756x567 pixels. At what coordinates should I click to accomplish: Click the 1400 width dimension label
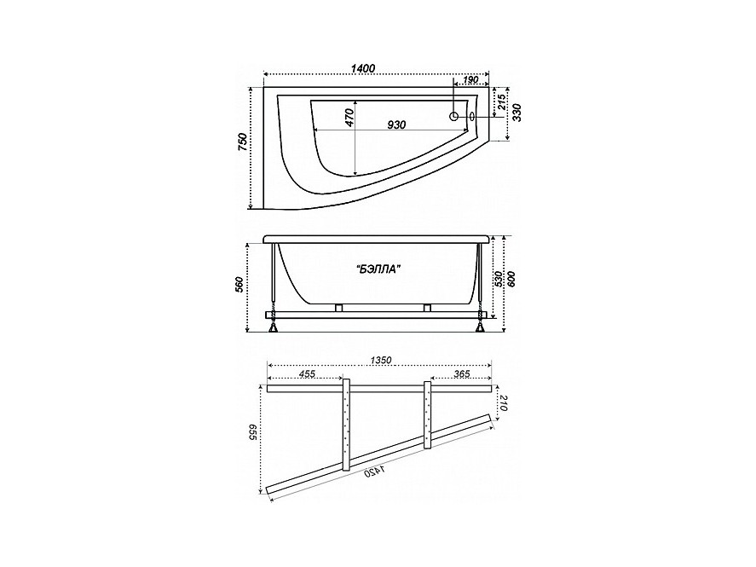point(363,68)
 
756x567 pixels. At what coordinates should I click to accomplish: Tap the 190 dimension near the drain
point(470,79)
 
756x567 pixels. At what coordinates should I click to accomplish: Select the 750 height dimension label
point(243,142)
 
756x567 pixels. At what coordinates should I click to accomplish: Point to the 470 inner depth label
point(349,117)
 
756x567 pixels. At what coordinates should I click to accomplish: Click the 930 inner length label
point(396,124)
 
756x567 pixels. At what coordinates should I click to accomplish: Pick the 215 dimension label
point(501,102)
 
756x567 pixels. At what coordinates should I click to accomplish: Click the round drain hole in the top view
point(454,116)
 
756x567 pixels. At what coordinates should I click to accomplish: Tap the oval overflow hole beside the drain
point(471,116)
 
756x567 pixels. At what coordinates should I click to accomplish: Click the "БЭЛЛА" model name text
point(379,270)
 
